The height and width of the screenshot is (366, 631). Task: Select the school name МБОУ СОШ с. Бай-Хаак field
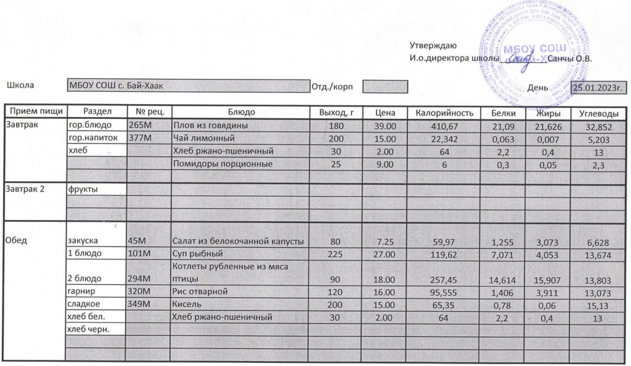188,86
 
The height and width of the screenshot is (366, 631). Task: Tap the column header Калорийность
444,113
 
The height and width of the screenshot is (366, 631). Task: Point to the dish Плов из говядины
210,126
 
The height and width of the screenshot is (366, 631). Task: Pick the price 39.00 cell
385,126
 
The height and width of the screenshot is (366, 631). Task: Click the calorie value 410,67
444,126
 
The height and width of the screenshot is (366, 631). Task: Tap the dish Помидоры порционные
222,164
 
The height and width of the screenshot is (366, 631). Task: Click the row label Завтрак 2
25,189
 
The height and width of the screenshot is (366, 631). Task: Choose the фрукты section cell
83,189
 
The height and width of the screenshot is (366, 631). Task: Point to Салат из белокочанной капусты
239,241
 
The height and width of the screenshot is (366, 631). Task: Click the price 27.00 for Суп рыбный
385,254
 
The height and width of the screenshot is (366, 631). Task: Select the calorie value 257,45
444,279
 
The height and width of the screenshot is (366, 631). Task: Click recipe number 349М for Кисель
139,304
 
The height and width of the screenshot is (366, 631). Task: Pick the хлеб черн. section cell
89,330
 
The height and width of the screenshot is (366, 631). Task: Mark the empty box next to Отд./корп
385,87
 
